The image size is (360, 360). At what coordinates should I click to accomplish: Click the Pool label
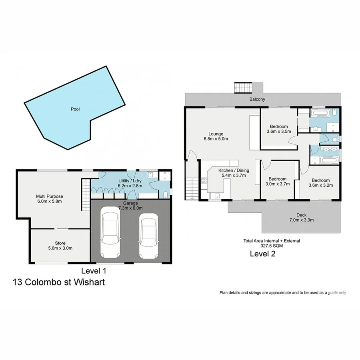tap(75, 109)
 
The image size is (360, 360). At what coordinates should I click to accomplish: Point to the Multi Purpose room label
tap(50, 196)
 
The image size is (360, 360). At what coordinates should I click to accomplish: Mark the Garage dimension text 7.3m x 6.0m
tap(130, 208)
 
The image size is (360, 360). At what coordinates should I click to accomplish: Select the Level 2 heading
tap(262, 253)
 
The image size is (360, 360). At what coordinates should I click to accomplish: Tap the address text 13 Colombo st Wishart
tap(59, 282)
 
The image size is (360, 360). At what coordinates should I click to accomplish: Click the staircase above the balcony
tap(244, 87)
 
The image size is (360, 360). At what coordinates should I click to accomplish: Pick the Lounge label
tap(216, 134)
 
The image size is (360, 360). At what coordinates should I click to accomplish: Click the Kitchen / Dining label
tap(233, 170)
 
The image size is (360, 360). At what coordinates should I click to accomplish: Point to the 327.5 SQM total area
tap(272, 246)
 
